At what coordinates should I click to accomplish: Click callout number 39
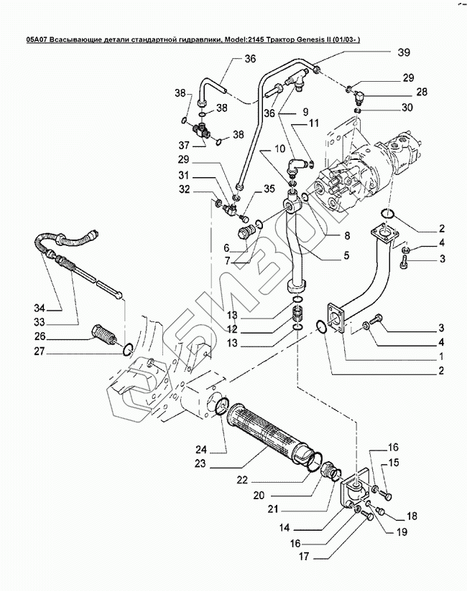tap(404, 52)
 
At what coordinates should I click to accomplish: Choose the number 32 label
tap(184, 189)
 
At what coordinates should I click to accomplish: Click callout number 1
tap(442, 356)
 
